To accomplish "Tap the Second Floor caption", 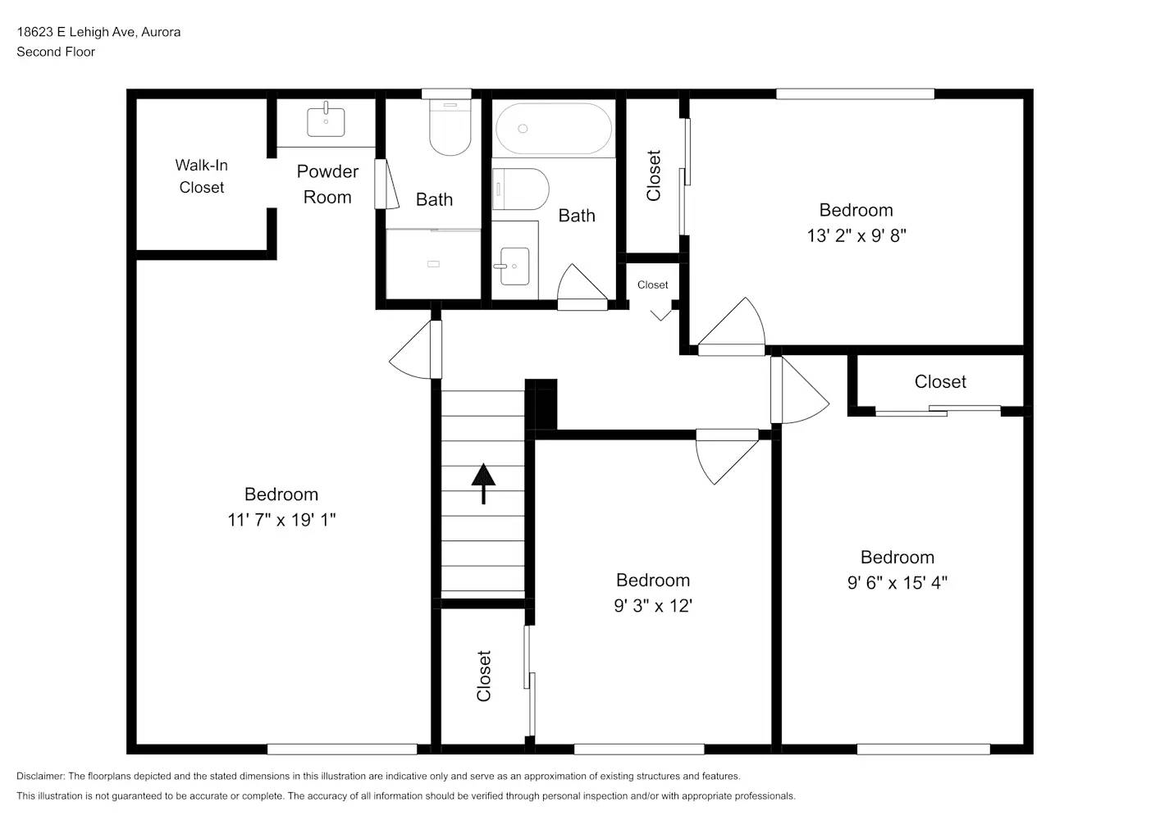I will click(56, 52).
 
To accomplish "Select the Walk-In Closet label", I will click(201, 176).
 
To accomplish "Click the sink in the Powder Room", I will click(326, 122).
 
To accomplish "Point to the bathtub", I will click(553, 129).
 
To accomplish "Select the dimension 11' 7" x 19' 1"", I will click(281, 520).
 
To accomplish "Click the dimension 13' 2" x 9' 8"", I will click(856, 235).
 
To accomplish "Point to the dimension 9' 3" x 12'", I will click(653, 606).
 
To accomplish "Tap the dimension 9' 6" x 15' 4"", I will click(897, 583).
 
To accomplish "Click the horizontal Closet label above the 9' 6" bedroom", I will click(940, 382).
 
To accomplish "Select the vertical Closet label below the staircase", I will click(484, 676).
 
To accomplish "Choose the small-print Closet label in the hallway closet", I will click(652, 285).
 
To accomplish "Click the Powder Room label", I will click(327, 184).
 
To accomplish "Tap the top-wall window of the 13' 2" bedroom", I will click(855, 94).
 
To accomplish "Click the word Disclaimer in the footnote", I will click(40, 777).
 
